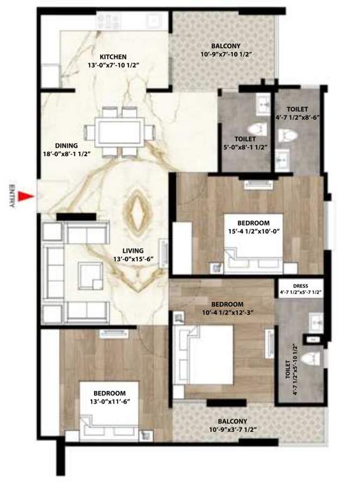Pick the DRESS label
pos(301,285)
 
